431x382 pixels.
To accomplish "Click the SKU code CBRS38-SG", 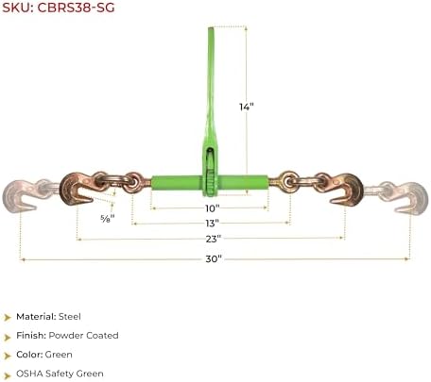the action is (x=76, y=8).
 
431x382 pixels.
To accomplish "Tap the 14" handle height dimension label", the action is (x=247, y=107).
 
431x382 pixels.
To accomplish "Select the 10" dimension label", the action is (x=212, y=208).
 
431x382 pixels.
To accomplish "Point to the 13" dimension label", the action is (x=212, y=224).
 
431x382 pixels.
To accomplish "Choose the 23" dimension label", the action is (x=214, y=239).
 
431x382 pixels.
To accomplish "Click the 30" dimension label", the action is (x=214, y=258).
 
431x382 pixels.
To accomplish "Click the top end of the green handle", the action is (x=211, y=29).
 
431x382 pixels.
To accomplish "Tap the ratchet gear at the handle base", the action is (x=210, y=183).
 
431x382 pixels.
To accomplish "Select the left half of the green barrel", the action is (x=177, y=183).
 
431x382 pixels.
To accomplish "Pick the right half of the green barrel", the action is (x=243, y=182).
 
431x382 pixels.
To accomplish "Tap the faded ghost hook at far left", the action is (x=22, y=194).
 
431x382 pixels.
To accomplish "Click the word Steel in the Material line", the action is (x=69, y=317).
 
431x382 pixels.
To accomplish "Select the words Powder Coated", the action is (x=83, y=336).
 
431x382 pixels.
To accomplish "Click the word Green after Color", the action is (x=59, y=355).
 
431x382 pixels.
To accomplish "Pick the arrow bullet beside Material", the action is (x=8, y=317).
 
